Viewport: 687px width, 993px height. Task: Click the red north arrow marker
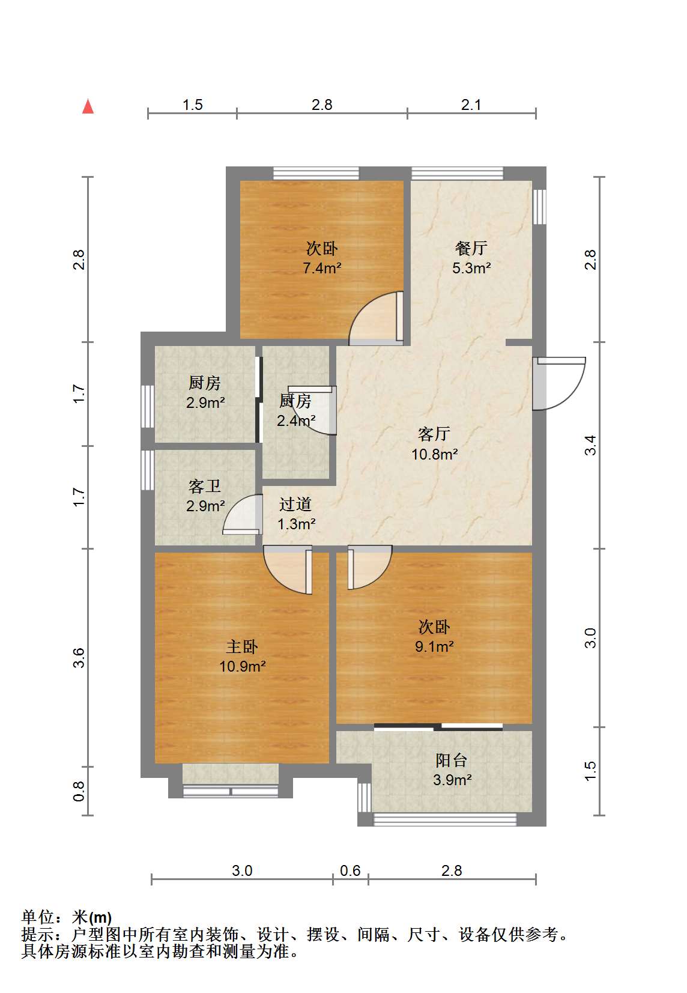point(88,106)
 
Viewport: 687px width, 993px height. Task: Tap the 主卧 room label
point(242,647)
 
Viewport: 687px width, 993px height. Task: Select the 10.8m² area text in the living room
point(434,454)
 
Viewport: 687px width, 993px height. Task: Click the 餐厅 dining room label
point(471,248)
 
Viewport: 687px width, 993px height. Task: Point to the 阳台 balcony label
point(451,761)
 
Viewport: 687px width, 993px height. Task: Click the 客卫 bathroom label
point(205,487)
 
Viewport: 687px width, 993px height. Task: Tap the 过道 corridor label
point(295,504)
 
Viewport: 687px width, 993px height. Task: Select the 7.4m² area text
point(322,268)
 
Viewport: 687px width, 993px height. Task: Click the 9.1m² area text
point(434,647)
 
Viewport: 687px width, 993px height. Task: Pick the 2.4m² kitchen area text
point(296,421)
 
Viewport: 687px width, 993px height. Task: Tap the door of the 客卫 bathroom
point(242,514)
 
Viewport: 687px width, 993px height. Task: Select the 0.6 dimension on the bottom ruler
point(350,870)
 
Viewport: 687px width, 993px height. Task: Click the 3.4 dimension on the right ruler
point(590,445)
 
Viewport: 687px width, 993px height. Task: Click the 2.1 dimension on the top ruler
point(471,105)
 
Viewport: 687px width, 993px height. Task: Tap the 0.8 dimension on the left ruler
point(79,791)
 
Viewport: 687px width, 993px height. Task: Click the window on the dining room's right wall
point(539,207)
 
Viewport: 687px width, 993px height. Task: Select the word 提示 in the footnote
point(38,935)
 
